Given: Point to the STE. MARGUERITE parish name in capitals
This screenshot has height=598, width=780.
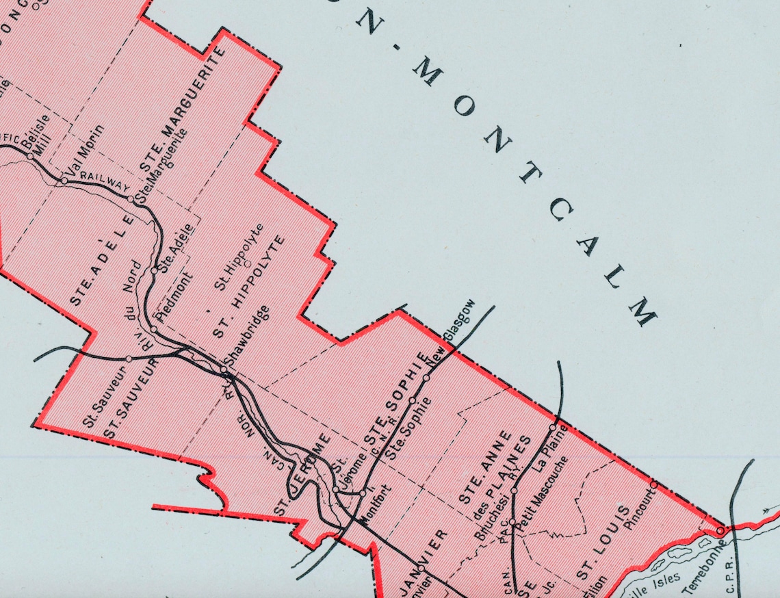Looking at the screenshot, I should [x=183, y=109].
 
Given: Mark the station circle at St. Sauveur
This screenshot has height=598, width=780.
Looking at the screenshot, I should [x=129, y=359].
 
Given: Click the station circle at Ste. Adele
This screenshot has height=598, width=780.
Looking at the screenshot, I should [x=155, y=270].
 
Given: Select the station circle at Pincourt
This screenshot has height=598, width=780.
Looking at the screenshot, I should [x=653, y=484].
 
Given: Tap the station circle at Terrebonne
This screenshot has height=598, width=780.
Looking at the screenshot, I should [x=720, y=530].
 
